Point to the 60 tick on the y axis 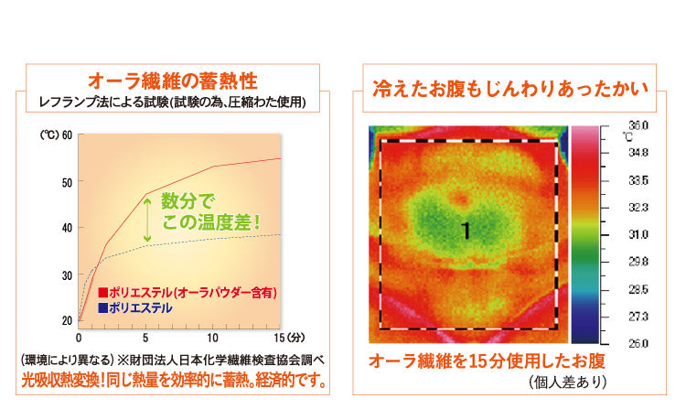click(x=67, y=135)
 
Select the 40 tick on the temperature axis click(x=67, y=228)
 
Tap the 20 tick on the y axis click(x=67, y=320)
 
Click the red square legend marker click(x=102, y=293)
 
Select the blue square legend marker click(x=102, y=308)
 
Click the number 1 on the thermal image click(x=466, y=232)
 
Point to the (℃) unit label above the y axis click(x=49, y=135)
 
